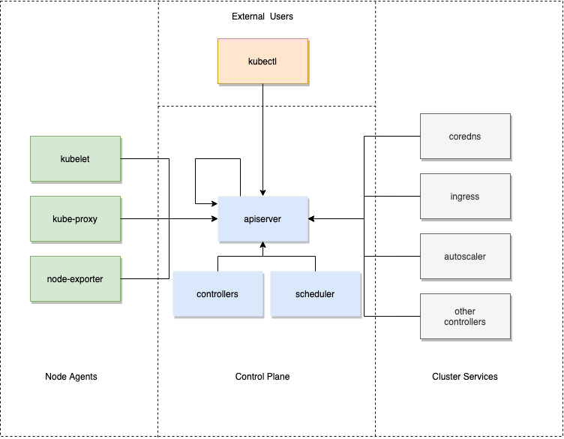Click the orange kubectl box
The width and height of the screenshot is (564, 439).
point(262,62)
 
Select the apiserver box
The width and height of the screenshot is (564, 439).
point(262,219)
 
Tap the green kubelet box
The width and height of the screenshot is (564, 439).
point(75,158)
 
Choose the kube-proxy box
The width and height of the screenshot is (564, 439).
point(75,219)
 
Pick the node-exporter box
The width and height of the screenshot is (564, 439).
point(75,279)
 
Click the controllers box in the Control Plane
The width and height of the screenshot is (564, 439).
point(217,294)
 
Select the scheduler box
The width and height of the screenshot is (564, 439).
point(316,294)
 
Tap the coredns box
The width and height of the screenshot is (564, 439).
point(465,137)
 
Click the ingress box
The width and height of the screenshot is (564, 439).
point(465,197)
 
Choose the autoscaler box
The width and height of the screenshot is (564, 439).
point(465,257)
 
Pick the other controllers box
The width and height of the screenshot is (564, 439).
point(465,317)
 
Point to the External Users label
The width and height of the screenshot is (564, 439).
point(262,17)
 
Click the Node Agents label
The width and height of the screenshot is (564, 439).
point(71,377)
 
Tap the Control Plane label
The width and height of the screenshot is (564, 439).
point(262,377)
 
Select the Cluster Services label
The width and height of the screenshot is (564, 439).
point(465,377)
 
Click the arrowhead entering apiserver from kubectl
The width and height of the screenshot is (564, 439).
point(262,193)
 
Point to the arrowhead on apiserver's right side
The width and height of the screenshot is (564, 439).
point(311,218)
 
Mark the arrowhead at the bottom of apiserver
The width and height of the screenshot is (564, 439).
point(262,245)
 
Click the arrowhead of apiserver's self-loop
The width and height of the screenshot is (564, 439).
point(214,203)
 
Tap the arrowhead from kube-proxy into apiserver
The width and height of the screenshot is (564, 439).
point(214,218)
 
